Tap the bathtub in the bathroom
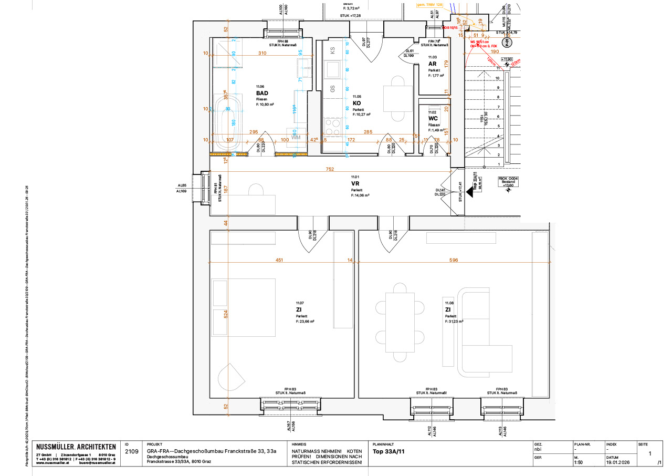227,122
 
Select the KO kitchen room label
357,103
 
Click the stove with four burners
332,127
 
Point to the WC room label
433,118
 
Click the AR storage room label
433,64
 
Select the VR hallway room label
355,184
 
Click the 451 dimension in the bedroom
280,260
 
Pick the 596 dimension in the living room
454,260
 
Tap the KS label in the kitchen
332,50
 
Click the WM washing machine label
296,137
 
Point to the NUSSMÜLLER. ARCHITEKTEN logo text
76,447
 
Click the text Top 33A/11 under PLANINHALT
389,451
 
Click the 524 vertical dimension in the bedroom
226,315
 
